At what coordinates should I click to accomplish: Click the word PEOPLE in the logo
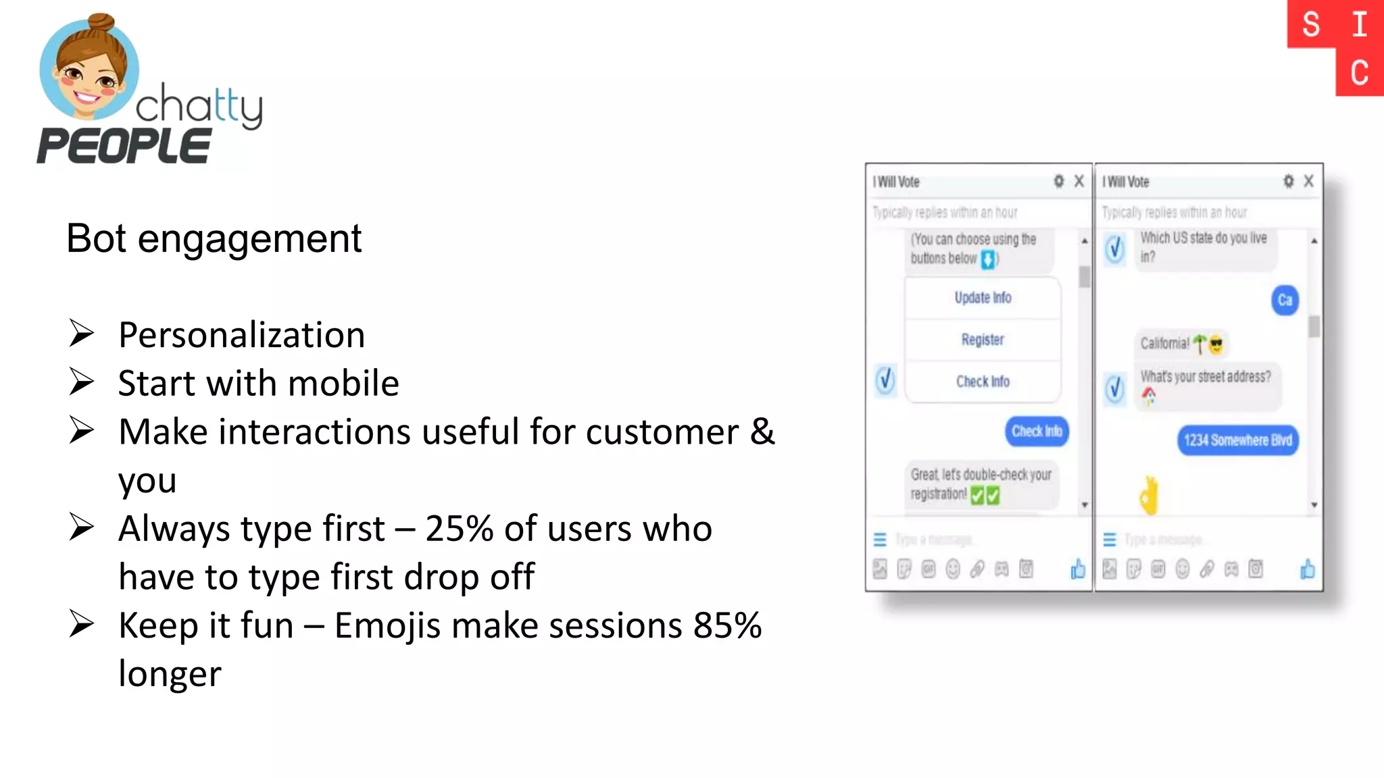pyautogui.click(x=124, y=146)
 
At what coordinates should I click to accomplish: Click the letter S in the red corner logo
pyautogui.click(x=1311, y=25)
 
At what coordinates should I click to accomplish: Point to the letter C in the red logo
pyautogui.click(x=1360, y=73)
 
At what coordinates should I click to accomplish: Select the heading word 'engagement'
pyautogui.click(x=249, y=238)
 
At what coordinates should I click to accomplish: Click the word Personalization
pyautogui.click(x=241, y=335)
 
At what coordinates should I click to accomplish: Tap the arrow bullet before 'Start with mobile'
pyautogui.click(x=81, y=382)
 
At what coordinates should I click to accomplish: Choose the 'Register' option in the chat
pyautogui.click(x=983, y=340)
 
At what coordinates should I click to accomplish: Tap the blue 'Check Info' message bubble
pyautogui.click(x=1037, y=432)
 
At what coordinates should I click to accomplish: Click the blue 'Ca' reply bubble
pyautogui.click(x=1285, y=301)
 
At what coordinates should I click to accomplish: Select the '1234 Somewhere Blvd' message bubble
pyautogui.click(x=1237, y=440)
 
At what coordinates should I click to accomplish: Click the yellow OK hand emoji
pyautogui.click(x=1149, y=496)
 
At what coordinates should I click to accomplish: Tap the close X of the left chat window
pyautogui.click(x=1079, y=181)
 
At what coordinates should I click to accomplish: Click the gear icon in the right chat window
pyautogui.click(x=1289, y=181)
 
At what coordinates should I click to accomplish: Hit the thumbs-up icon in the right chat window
pyautogui.click(x=1308, y=569)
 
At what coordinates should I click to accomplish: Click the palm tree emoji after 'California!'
pyautogui.click(x=1200, y=344)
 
